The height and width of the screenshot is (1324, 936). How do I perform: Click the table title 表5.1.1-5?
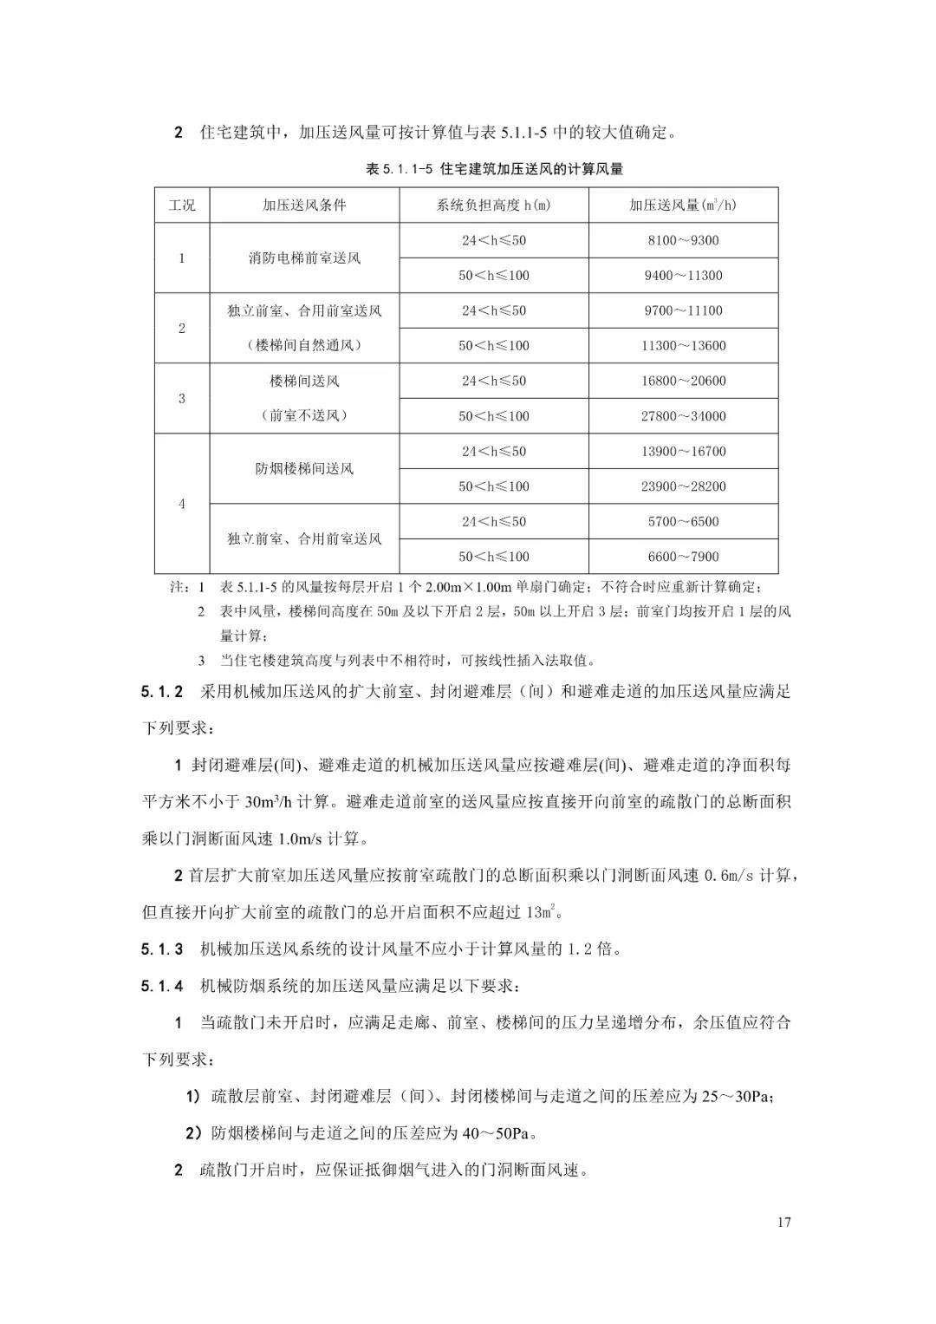tap(495, 169)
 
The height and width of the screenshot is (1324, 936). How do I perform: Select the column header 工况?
tap(182, 205)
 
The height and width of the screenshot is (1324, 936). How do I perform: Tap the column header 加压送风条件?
tap(304, 205)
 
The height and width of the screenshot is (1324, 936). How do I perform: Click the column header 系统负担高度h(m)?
tap(494, 205)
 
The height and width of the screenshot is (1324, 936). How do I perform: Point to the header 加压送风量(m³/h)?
tap(683, 205)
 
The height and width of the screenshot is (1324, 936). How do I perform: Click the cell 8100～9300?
tap(683, 240)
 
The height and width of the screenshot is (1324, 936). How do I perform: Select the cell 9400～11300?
tap(683, 276)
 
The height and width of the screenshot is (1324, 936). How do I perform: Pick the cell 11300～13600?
tap(683, 346)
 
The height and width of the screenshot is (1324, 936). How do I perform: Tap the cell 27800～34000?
tap(683, 416)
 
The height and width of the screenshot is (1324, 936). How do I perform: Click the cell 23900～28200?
tap(683, 486)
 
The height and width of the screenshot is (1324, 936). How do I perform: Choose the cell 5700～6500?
tap(683, 521)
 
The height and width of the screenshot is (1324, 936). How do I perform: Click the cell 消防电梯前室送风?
tap(304, 258)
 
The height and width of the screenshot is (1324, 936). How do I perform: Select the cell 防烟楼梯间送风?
tap(304, 469)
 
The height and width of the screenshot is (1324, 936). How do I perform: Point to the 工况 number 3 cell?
tap(182, 399)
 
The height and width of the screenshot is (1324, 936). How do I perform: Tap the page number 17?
tap(784, 1223)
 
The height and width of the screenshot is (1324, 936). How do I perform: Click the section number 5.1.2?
tap(163, 692)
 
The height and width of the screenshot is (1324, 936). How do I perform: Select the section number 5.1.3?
tap(163, 949)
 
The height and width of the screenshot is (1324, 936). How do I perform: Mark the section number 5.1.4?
tap(163, 986)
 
